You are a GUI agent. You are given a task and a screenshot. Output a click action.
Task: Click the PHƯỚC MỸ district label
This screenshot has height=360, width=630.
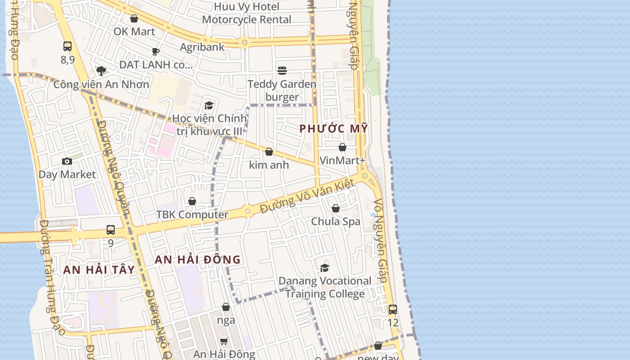tap(333, 129)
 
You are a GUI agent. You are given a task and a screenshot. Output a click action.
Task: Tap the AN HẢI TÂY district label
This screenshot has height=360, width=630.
tap(99, 270)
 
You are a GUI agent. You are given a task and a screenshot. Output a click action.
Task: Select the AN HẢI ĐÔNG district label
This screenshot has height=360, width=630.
tap(198, 260)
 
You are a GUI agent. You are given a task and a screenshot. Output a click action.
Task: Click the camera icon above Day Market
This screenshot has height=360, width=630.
tap(67, 161)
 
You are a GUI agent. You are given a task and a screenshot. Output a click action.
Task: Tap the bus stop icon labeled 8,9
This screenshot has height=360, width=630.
tap(67, 46)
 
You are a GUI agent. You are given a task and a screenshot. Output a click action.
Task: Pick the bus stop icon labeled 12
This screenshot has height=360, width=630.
tap(393, 310)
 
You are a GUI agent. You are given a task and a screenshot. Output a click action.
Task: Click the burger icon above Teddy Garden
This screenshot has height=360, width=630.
tap(282, 71)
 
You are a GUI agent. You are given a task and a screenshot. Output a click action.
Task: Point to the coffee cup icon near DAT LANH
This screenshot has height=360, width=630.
tap(156, 51)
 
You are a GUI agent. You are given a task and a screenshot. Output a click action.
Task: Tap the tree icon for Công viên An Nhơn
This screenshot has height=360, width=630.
tap(101, 71)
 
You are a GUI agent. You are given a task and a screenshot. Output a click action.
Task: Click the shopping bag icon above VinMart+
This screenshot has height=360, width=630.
tap(342, 147)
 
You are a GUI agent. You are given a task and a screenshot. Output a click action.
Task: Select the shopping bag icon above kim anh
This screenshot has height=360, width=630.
tap(269, 152)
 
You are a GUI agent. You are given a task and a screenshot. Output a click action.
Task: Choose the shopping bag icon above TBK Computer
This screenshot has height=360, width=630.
tap(192, 201)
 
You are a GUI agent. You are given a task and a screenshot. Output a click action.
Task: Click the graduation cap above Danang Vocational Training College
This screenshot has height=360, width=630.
tap(324, 268)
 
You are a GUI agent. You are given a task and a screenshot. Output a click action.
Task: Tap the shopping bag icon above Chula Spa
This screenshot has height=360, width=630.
tap(336, 208)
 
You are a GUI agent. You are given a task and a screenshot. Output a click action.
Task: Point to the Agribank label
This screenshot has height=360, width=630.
tap(202, 47)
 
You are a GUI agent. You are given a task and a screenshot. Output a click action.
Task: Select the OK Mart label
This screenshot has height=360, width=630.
tap(134, 31)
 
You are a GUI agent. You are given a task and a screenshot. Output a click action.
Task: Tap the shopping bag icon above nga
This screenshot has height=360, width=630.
tap(226, 307)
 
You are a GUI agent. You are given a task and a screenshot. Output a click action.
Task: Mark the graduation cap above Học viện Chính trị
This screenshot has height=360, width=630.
tap(209, 106)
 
